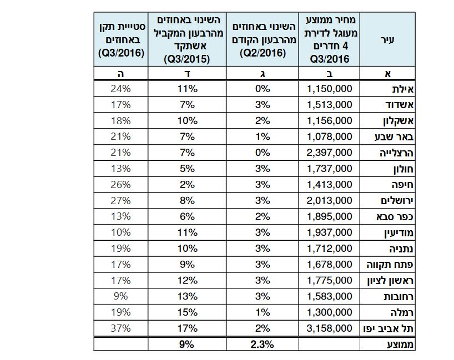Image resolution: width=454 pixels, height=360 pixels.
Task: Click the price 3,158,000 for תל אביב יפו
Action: click(330, 328)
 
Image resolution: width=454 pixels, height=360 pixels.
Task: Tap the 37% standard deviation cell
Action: click(120, 328)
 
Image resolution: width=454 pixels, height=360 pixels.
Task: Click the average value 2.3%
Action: click(263, 344)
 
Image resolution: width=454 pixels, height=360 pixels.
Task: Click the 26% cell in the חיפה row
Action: click(120, 184)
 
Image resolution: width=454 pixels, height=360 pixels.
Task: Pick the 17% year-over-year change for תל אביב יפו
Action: click(188, 328)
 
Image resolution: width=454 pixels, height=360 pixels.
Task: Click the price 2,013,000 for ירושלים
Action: click(330, 200)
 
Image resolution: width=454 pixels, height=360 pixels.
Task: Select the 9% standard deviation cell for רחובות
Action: click(120, 296)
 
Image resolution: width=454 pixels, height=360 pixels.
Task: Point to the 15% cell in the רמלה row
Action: click(188, 312)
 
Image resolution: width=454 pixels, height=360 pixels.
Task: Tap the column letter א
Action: click(388, 73)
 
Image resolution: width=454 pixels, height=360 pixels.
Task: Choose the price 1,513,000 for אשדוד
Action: click(330, 104)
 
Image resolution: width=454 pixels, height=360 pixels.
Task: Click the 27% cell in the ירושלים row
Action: click(120, 200)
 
